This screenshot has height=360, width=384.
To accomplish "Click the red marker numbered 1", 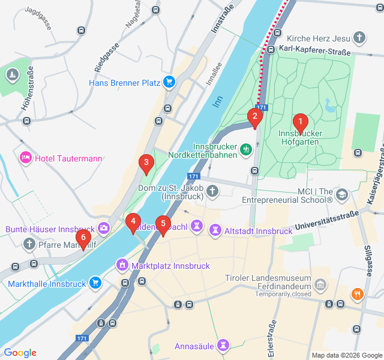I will pos(300,122).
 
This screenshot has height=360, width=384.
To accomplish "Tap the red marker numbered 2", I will pos(254,116).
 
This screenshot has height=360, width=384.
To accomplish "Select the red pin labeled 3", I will pos(145,163).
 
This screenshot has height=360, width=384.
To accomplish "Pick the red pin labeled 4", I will pos(133,221).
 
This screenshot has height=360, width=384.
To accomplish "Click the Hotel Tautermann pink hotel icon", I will pos(25,158).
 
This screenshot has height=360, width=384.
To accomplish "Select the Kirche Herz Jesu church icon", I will pos(359,38).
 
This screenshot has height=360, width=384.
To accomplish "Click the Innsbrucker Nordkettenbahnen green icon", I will pos(245,149).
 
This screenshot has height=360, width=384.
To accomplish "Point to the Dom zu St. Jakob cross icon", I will pos(212,191).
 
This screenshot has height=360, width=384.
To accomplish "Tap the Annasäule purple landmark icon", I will pos(223,345).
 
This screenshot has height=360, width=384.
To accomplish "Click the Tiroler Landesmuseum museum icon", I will pos(320,284).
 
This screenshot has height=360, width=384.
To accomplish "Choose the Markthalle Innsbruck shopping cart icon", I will pos(95,282).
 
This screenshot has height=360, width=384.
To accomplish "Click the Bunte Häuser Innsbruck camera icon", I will pos(104,228).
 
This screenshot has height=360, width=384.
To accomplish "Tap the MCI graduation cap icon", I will pos(342,194).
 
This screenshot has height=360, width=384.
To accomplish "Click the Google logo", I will pos(20,353).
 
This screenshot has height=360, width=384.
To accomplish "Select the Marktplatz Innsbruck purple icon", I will pos(122,265).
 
